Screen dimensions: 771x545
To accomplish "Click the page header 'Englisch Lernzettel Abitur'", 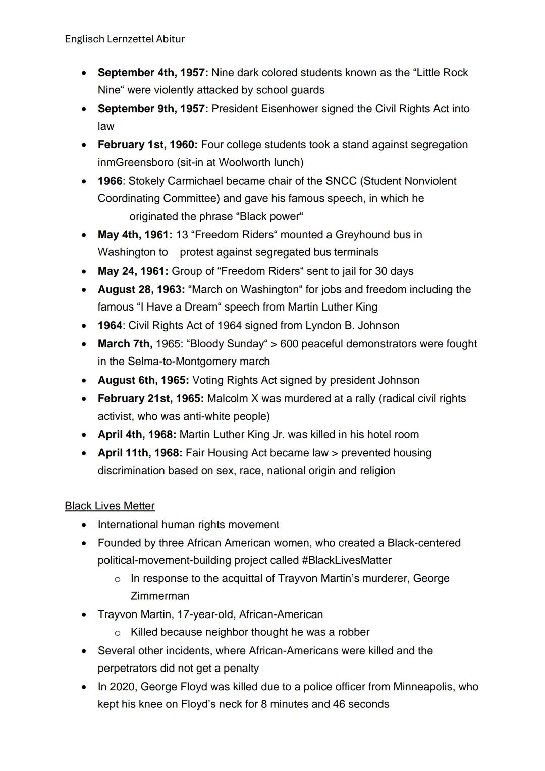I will [x=125, y=39].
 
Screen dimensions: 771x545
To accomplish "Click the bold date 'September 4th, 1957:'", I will [x=152, y=73].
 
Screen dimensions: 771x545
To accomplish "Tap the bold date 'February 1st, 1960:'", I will [x=147, y=145].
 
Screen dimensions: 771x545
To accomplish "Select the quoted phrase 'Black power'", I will [x=269, y=217].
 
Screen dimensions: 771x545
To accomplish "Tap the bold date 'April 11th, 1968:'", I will [x=140, y=453].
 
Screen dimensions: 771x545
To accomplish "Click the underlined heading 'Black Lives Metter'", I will [x=110, y=506].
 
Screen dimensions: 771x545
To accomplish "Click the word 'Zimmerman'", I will [x=159, y=596].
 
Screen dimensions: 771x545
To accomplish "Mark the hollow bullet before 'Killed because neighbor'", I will [x=117, y=633].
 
